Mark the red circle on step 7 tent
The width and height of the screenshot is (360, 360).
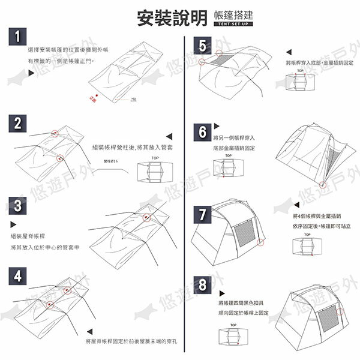click(x=260, y=244)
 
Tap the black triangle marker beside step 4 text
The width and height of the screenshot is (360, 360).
click(x=88, y=330)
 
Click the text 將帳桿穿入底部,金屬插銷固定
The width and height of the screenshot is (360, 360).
click(x=319, y=63)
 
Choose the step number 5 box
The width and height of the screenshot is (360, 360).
click(x=203, y=46)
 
